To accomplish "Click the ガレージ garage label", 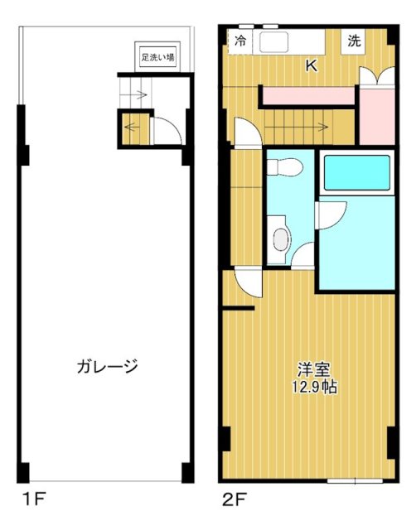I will tap(107, 365).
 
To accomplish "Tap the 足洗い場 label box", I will tap(156, 58).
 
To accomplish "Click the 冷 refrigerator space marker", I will tap(240, 41).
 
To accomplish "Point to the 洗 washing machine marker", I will tap(354, 41).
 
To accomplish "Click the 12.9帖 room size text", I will tap(314, 387).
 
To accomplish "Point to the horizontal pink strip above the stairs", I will tap(308, 96).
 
